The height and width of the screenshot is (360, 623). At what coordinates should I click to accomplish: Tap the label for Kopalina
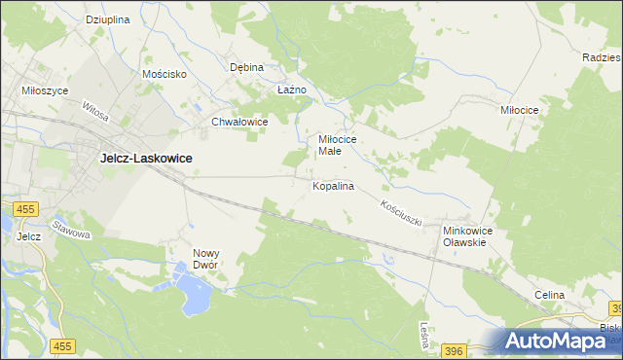pos(332,185)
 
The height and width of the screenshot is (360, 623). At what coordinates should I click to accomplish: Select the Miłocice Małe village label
pos(338,145)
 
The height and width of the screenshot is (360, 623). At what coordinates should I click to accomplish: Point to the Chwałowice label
pos(239,122)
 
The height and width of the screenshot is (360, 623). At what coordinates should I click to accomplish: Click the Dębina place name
pos(246,67)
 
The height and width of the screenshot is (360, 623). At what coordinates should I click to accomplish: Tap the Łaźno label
pos(292,90)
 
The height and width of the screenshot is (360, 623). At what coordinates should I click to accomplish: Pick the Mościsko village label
pos(164,73)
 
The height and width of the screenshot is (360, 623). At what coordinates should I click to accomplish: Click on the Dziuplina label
pos(107,19)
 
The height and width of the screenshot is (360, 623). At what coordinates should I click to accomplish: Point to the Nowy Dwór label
pos(210,258)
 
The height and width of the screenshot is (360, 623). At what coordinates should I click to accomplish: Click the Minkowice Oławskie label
pos(469,236)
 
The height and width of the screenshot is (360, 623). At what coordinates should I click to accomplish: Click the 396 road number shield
pos(453,349)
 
